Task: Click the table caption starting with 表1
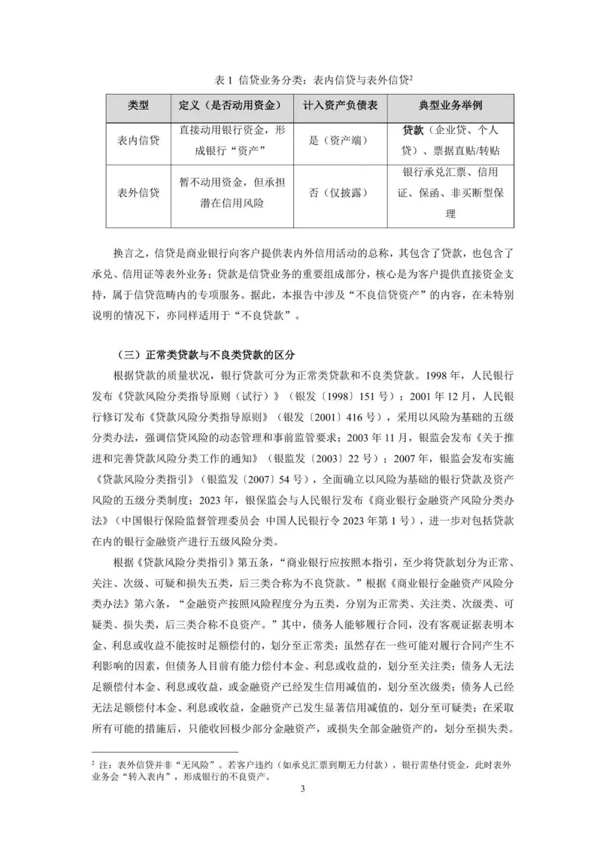click(x=314, y=80)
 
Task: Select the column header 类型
click(x=138, y=105)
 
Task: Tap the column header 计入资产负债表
click(x=340, y=105)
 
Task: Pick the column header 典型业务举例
click(x=450, y=105)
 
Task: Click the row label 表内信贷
click(x=138, y=140)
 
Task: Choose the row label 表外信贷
click(x=138, y=192)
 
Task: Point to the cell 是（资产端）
click(x=340, y=140)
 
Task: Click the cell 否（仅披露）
click(x=340, y=192)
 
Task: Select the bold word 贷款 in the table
click(x=413, y=130)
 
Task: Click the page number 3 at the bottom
click(x=303, y=789)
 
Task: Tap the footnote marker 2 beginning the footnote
click(x=94, y=764)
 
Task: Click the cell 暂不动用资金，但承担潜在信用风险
click(x=232, y=192)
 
